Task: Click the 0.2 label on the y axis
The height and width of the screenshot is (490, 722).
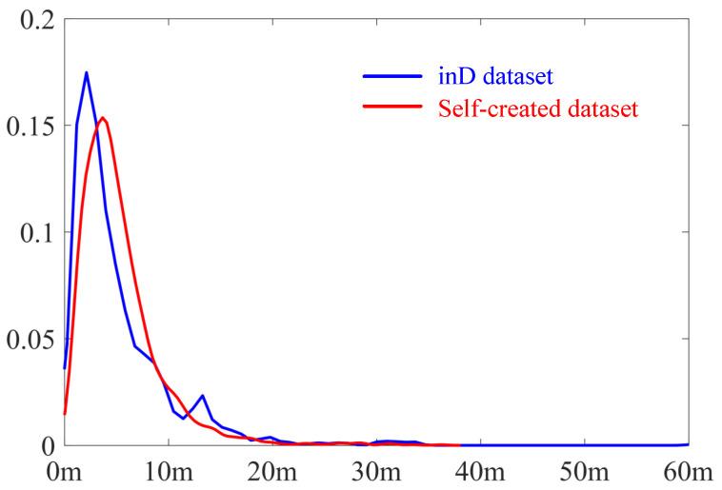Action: click(31, 20)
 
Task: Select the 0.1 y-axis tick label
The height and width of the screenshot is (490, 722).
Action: click(31, 233)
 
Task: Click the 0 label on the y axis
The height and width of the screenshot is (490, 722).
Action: click(44, 446)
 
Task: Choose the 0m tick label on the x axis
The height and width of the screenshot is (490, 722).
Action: click(65, 471)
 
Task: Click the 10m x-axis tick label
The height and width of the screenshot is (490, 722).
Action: click(169, 471)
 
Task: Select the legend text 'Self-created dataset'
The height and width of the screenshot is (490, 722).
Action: click(537, 108)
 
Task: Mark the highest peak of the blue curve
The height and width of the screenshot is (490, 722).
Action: click(87, 72)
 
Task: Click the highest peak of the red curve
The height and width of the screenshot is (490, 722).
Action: click(102, 117)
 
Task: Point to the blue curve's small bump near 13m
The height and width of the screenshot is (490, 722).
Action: click(202, 396)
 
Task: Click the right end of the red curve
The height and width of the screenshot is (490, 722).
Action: click(459, 444)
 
